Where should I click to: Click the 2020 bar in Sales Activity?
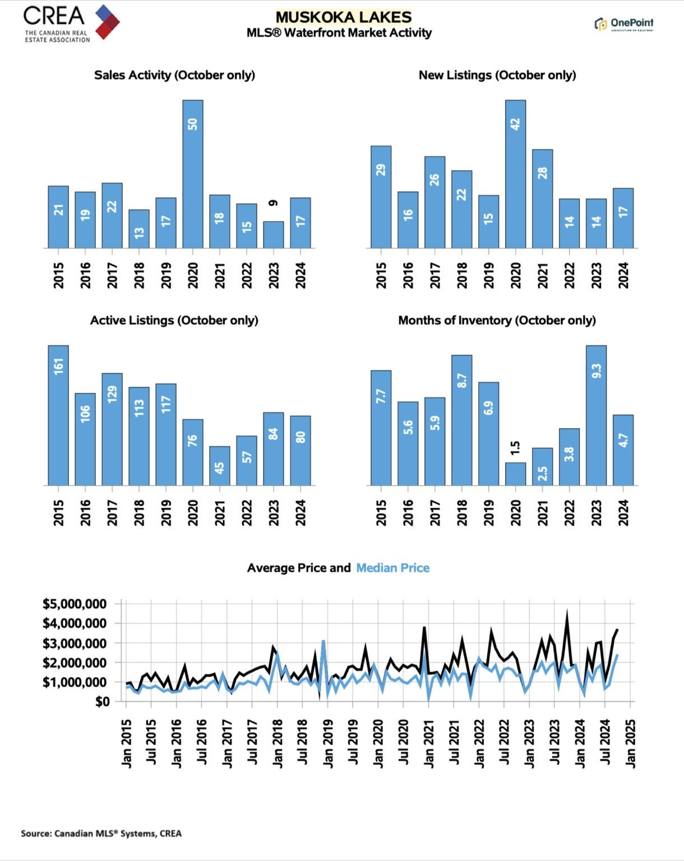click(193, 174)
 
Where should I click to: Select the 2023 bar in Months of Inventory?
click(596, 415)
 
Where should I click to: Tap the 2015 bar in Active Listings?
click(58, 415)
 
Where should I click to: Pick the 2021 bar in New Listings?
click(542, 198)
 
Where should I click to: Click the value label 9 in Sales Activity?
click(273, 203)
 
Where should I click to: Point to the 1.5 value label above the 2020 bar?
click(515, 447)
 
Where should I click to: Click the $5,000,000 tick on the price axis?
click(75, 604)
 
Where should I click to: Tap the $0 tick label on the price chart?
click(101, 702)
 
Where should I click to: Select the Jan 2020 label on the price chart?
click(378, 743)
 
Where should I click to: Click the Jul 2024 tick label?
click(605, 743)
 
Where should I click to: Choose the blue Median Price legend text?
click(392, 568)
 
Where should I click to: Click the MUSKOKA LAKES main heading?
click(344, 17)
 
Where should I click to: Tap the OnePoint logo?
click(623, 24)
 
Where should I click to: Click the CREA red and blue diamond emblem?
click(107, 21)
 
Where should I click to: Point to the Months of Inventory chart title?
click(497, 320)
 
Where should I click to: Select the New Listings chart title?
click(497, 75)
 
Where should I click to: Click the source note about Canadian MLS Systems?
click(101, 834)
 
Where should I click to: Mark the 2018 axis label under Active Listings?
click(139, 512)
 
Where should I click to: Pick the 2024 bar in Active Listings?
click(301, 450)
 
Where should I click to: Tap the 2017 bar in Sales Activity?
click(112, 215)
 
